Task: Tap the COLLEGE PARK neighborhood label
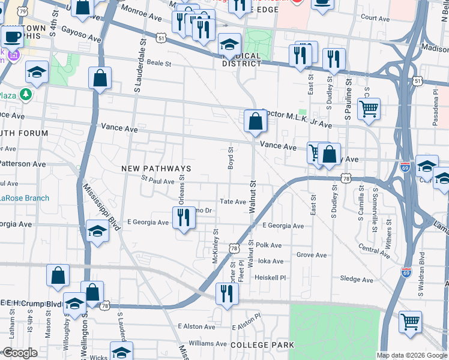coord(262,345)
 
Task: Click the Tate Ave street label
coord(233,202)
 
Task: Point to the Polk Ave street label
coord(268,245)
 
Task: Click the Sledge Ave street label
coord(357,279)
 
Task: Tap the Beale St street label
coord(159,63)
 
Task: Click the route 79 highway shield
coord(22,11)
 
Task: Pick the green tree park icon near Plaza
coord(25,94)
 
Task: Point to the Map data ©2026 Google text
coord(411,355)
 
